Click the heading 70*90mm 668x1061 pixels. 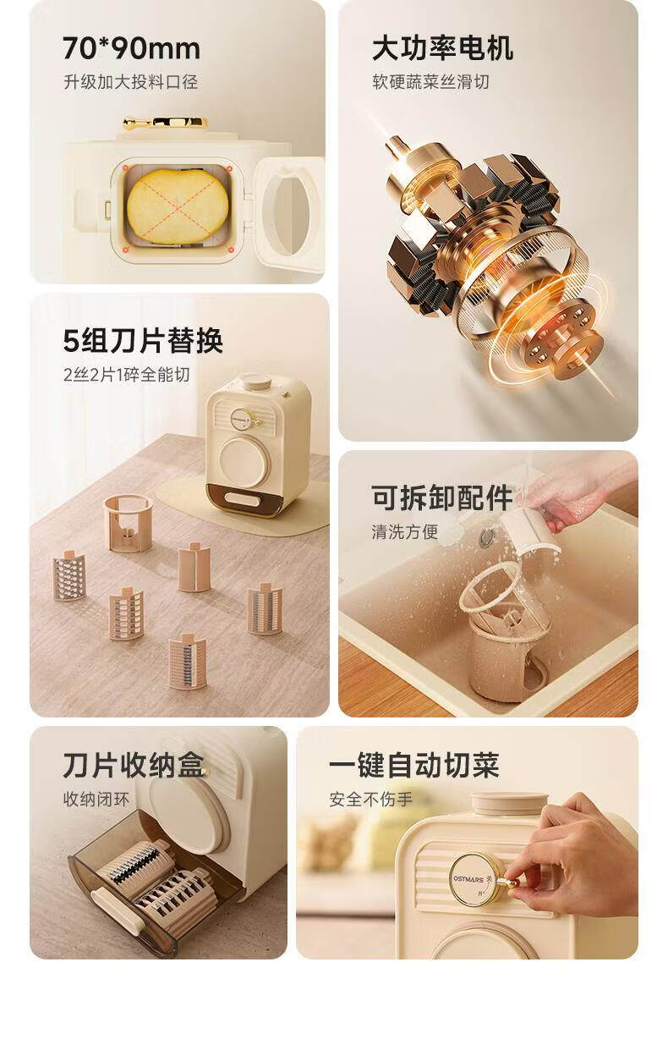[132, 48]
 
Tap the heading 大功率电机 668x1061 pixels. [442, 48]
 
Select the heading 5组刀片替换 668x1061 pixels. [143, 340]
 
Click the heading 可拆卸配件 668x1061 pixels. [442, 498]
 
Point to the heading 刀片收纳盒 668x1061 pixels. [134, 765]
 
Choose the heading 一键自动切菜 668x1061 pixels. [414, 765]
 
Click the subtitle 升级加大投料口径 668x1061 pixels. [131, 82]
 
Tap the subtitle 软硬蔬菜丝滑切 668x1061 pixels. [430, 82]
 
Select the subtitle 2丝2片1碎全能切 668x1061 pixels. [126, 375]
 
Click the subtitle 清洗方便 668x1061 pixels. [405, 532]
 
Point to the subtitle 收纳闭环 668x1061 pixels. [96, 799]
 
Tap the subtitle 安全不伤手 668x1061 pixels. [370, 799]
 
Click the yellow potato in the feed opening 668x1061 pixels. [178, 207]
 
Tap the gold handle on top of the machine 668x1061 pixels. [165, 124]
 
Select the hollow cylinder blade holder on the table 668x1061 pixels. [129, 522]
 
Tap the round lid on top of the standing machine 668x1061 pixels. [255, 380]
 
